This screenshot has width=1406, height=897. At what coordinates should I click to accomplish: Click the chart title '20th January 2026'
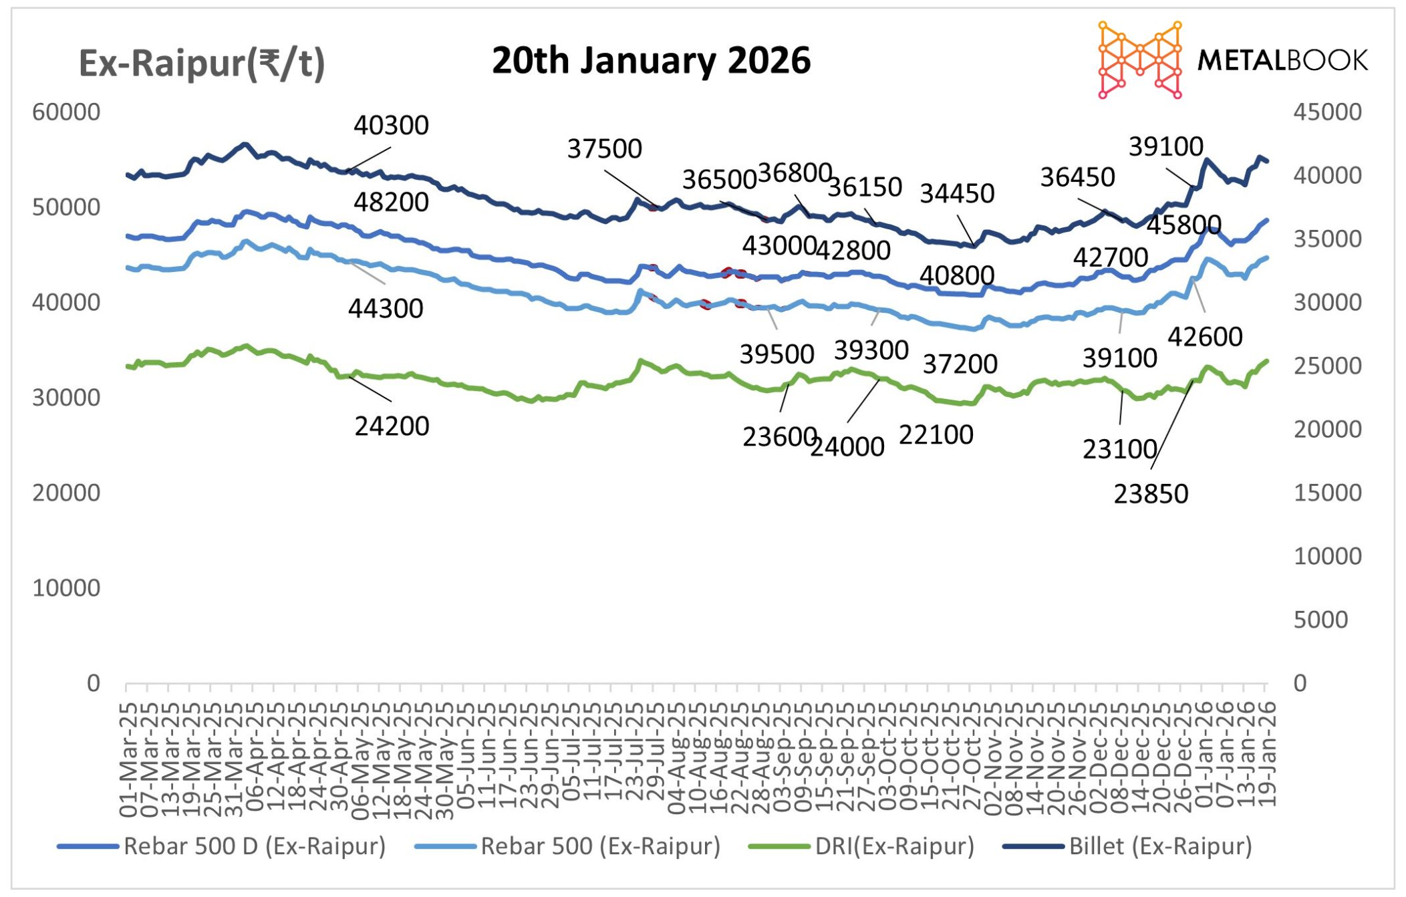651,61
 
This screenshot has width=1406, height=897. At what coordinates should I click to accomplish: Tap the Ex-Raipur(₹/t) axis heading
202,64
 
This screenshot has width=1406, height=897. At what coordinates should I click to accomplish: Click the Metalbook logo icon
1140,60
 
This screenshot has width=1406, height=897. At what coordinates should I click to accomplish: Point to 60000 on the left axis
66,112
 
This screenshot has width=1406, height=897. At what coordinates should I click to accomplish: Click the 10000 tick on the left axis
66,588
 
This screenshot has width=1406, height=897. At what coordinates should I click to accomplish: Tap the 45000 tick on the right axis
1327,112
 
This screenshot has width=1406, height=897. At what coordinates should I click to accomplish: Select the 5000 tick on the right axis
1320,620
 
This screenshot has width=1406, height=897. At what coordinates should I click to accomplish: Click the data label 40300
391,125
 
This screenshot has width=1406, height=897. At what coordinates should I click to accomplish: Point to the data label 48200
391,202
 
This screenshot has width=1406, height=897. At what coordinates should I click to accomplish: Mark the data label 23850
1151,494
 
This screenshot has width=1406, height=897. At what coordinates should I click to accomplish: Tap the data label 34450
957,194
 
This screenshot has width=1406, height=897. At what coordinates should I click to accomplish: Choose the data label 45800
1184,225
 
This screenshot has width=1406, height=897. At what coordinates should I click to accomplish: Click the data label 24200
392,426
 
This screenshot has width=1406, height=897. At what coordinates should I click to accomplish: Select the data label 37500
604,148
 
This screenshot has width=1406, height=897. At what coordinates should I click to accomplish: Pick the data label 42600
1205,337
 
